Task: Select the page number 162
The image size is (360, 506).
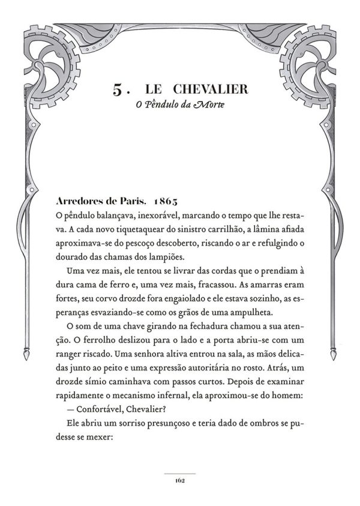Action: point(180,480)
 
